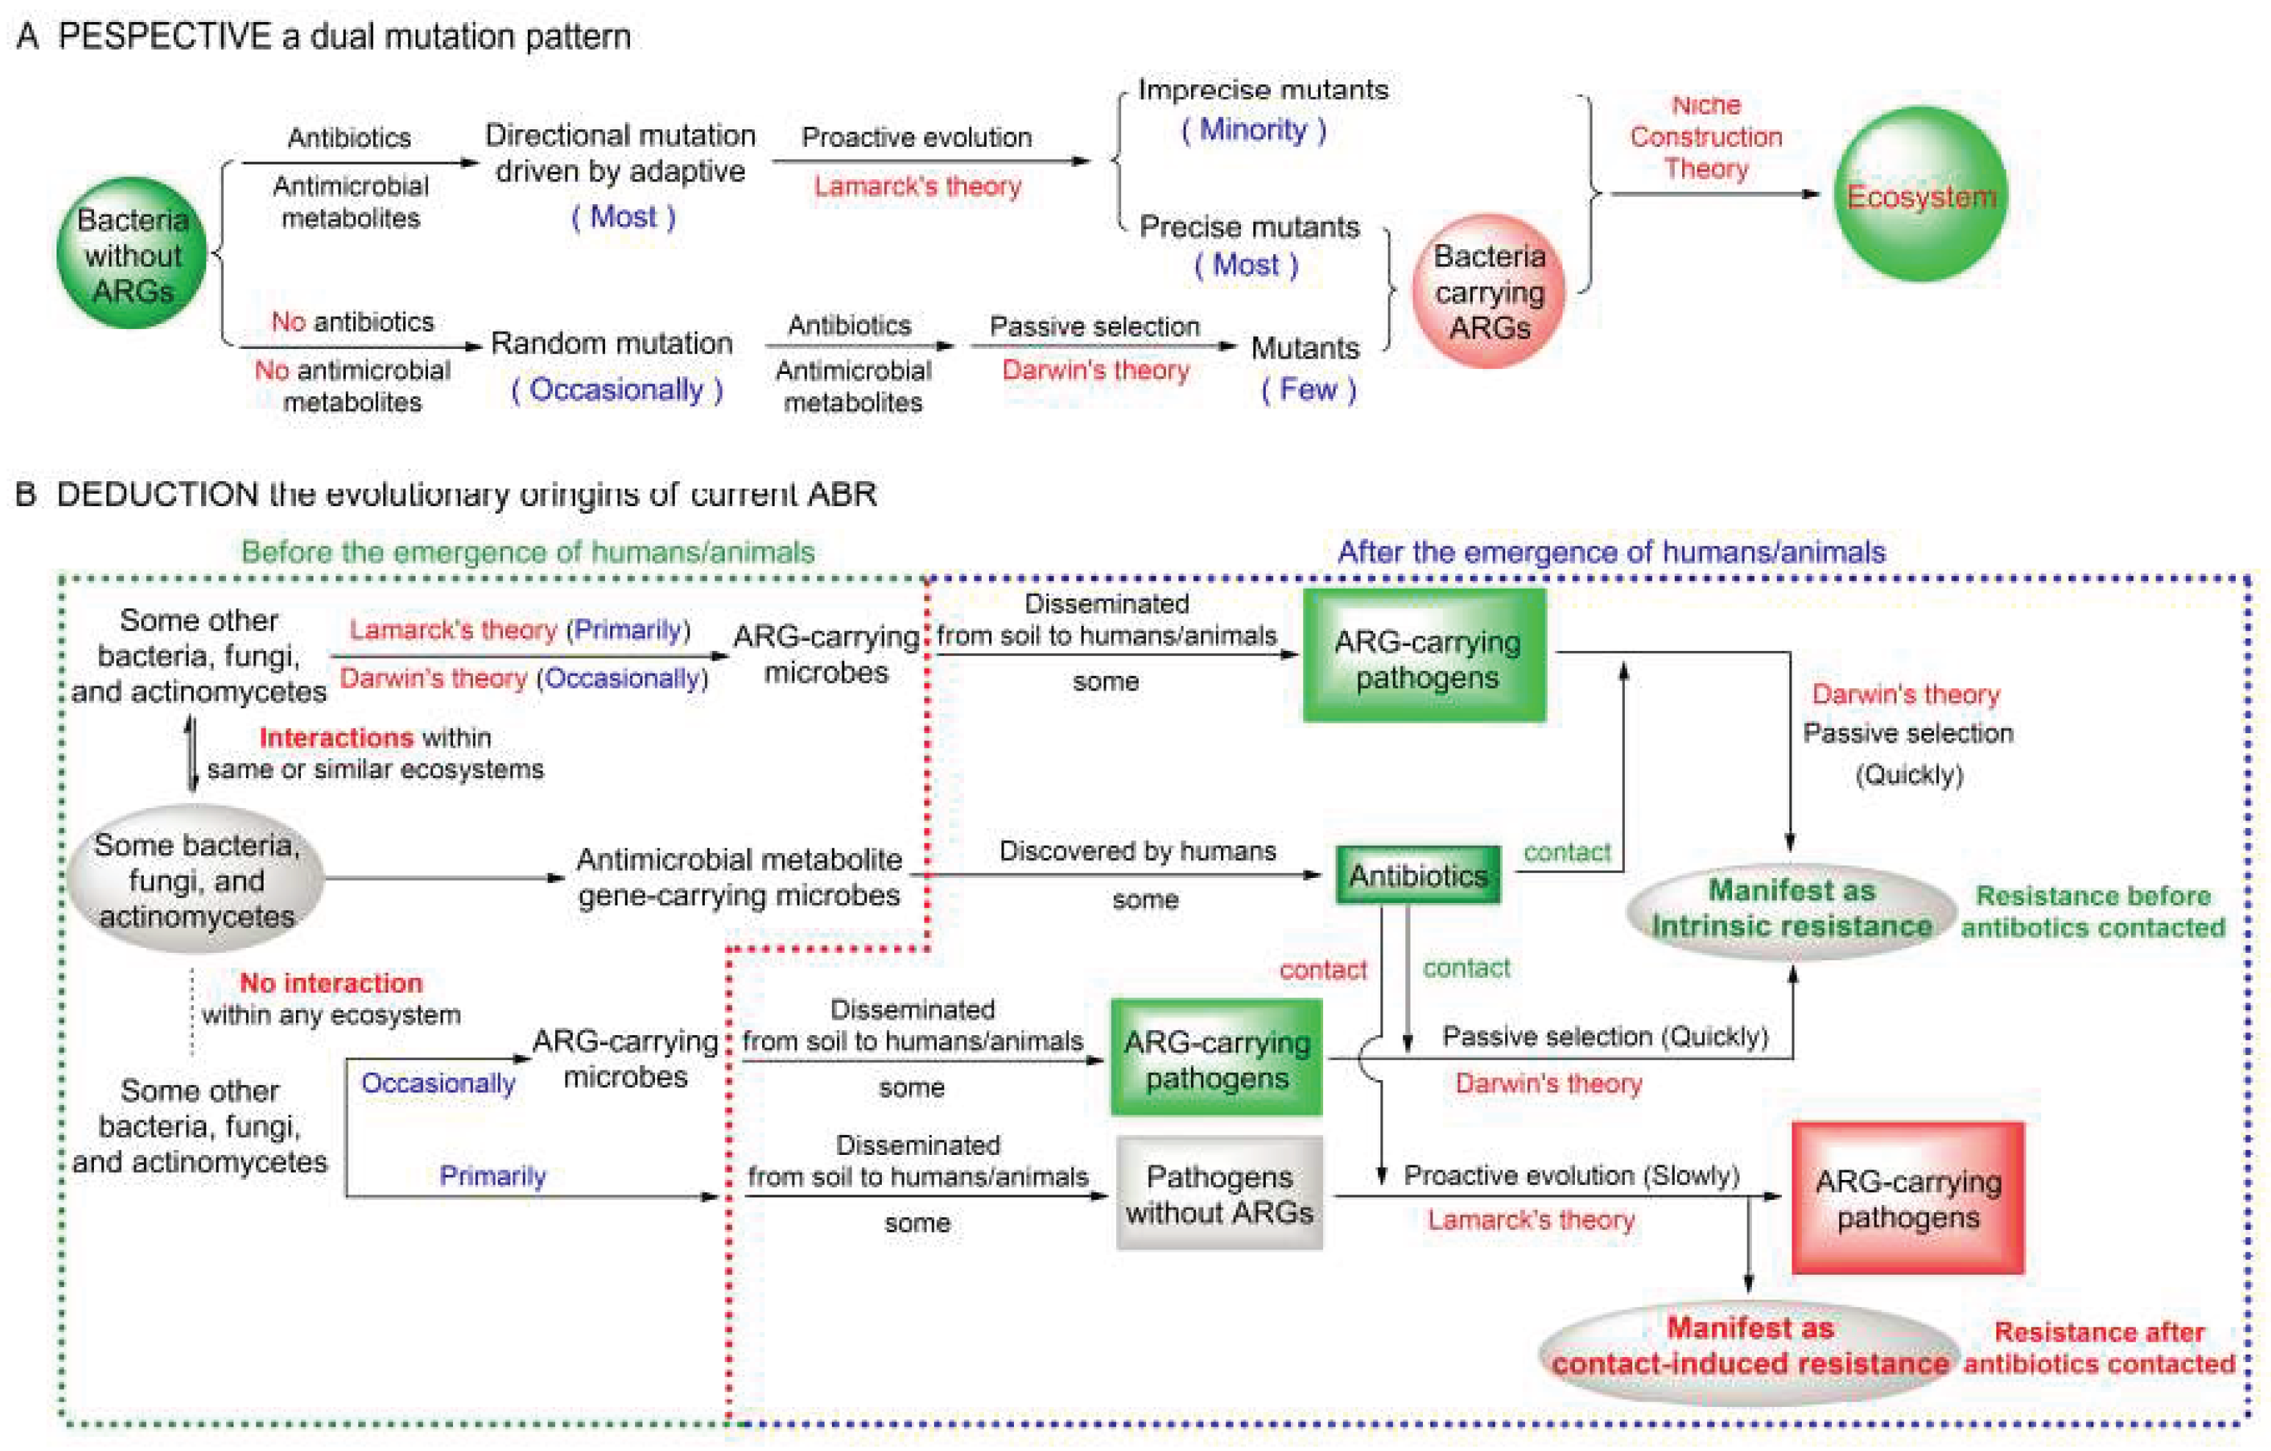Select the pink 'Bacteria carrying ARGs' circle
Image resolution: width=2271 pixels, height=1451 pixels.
click(x=1488, y=292)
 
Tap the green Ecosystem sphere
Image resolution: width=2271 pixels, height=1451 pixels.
click(x=1920, y=195)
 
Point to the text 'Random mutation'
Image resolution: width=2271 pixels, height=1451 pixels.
click(x=611, y=342)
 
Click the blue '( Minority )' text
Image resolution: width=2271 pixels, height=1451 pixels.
click(x=1253, y=129)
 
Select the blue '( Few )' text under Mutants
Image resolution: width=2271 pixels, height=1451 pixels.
click(x=1308, y=389)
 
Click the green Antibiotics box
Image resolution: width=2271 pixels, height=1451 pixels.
click(x=1418, y=874)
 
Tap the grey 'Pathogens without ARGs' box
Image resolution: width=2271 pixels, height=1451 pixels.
click(x=1219, y=1193)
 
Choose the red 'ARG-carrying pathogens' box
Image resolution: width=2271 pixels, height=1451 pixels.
click(x=1907, y=1198)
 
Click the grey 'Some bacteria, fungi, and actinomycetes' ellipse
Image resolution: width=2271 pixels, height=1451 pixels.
click(x=196, y=879)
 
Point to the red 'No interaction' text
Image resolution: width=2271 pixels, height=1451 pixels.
click(x=330, y=982)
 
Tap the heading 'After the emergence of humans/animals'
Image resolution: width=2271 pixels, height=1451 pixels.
click(x=1611, y=551)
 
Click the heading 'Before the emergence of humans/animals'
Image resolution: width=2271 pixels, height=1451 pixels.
click(x=527, y=551)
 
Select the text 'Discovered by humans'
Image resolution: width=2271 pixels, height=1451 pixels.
click(x=1137, y=850)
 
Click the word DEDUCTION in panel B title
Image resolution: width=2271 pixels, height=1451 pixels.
click(x=156, y=494)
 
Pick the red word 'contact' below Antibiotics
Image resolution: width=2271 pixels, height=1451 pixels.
click(x=1322, y=969)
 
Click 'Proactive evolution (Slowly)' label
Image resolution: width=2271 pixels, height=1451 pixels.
click(x=1571, y=1175)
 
